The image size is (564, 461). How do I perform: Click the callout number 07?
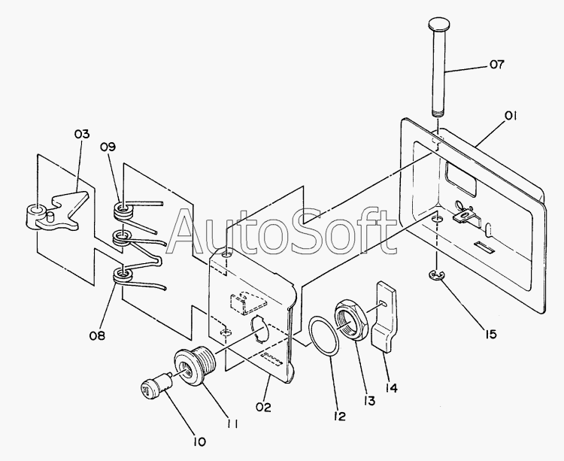pyautogui.click(x=497, y=65)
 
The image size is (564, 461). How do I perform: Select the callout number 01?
pyautogui.click(x=512, y=116)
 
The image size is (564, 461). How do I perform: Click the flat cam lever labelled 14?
pyautogui.click(x=384, y=317)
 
